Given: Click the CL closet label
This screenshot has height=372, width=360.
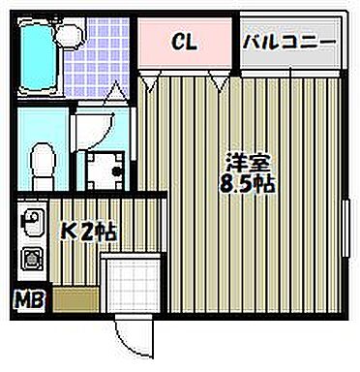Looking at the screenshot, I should [186, 44].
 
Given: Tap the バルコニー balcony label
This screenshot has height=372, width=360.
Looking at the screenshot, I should [289, 44].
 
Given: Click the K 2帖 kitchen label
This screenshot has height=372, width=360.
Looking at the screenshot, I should [89, 232].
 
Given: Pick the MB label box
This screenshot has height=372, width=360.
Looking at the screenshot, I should [31, 300].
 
